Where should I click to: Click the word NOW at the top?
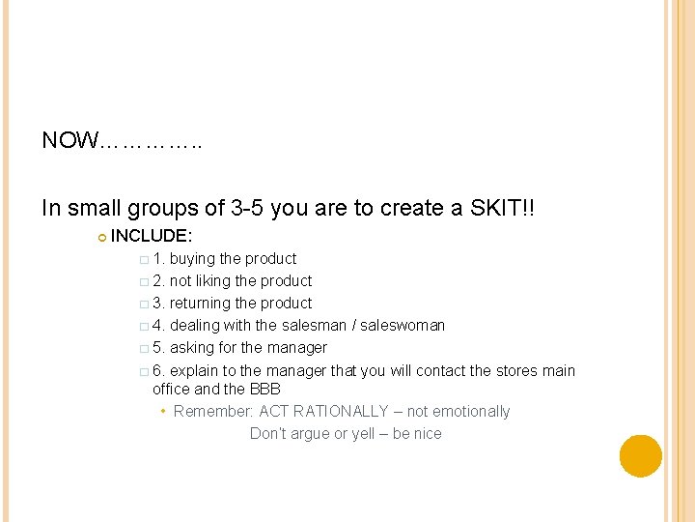tap(69, 141)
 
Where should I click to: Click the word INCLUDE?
tap(152, 236)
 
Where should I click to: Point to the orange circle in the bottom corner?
tap(641, 456)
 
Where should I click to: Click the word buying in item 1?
tap(192, 259)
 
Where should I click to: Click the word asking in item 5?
tap(191, 348)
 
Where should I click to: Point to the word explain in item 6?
tap(194, 371)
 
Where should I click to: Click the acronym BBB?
tap(265, 389)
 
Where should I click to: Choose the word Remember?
tap(213, 412)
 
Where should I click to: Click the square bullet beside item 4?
tap(143, 327)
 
